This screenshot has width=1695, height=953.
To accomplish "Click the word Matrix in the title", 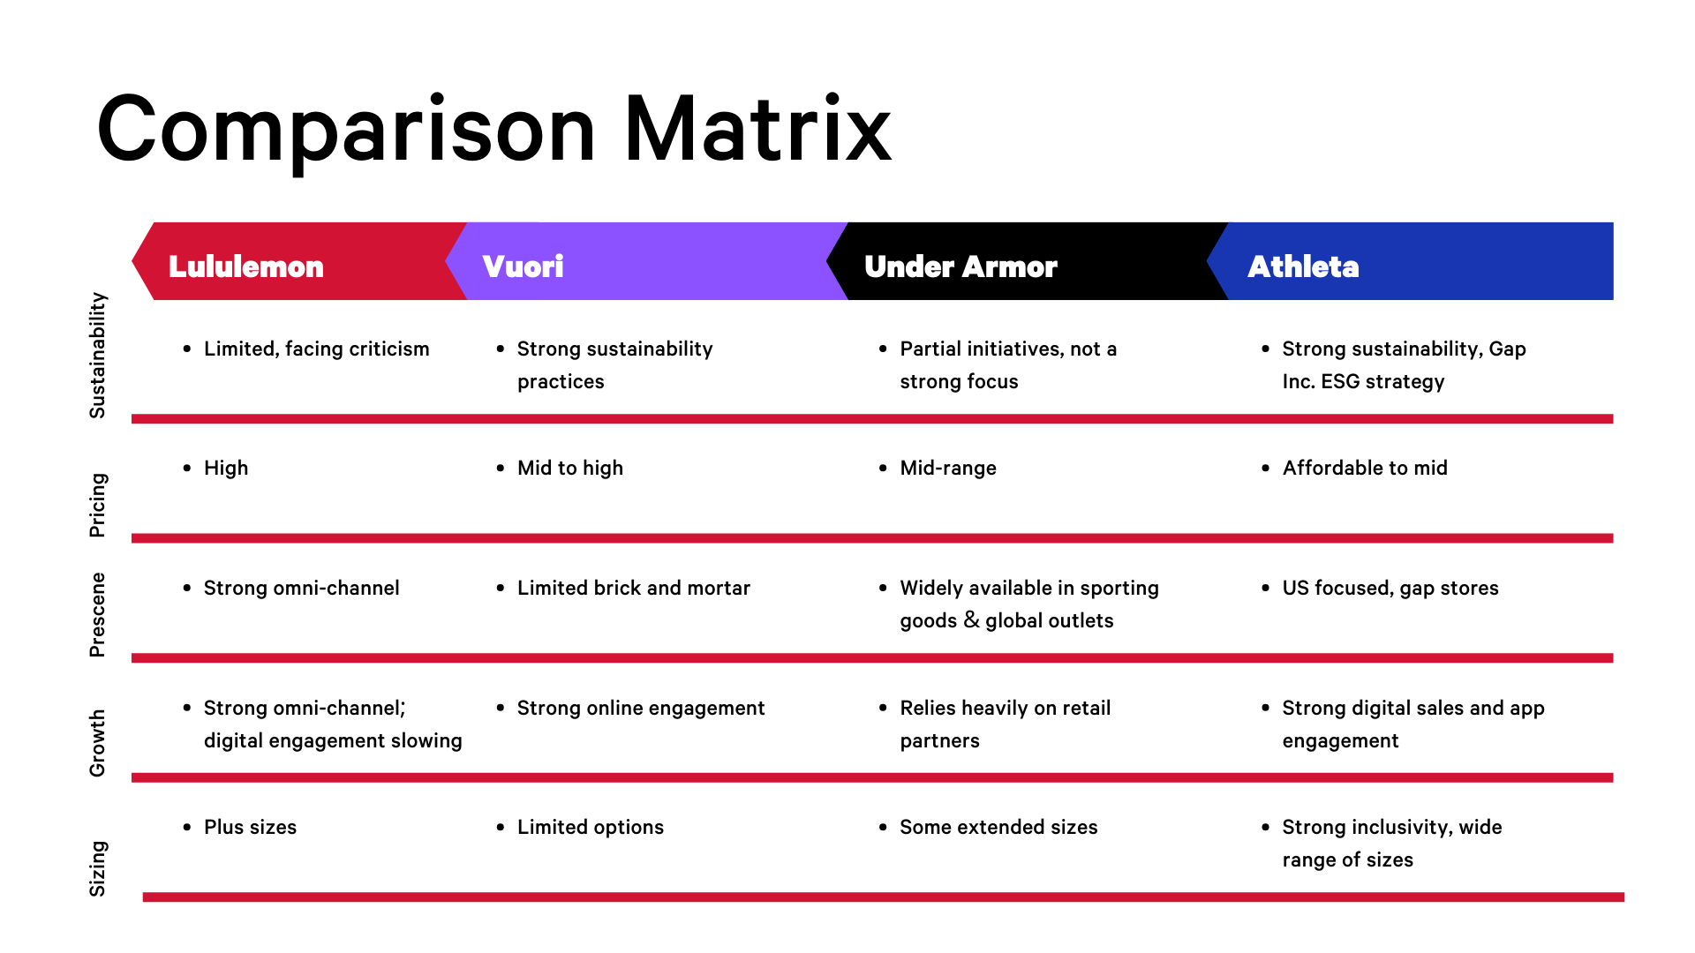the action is pos(757,129).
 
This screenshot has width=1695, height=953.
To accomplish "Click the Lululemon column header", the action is pos(246,266).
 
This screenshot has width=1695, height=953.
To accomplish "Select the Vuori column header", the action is pos(523,266).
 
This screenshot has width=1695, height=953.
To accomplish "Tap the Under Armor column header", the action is pos(960,266).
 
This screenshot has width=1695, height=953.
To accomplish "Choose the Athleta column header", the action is pos(1303,266).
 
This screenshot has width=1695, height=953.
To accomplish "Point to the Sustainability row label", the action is pos(97,355).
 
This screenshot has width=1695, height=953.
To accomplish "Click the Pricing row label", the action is pos(97,505).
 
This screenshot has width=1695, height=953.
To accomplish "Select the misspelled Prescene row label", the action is pos(97,615).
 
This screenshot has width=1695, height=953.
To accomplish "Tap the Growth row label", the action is pos(97,743).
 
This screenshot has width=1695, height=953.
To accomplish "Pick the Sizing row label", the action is pos(97,868).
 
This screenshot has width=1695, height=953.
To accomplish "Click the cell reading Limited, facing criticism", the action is pos(317,349).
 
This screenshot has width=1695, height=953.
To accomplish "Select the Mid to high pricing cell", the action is pos(570,469).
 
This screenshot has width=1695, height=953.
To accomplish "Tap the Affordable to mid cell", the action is pos(1365,468).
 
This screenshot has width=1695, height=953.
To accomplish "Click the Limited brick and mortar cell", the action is pos(634,588).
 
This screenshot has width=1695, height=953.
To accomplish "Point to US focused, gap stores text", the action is pos(1390,589).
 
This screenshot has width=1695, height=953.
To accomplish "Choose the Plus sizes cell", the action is pos(250,828).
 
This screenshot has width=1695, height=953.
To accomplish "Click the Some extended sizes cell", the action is pos(998,828).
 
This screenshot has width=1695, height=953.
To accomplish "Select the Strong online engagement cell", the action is pos(641,709).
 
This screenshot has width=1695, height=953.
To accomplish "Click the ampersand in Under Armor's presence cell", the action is pos(971,620).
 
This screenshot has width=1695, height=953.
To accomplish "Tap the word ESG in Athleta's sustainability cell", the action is pos(1340,381).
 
